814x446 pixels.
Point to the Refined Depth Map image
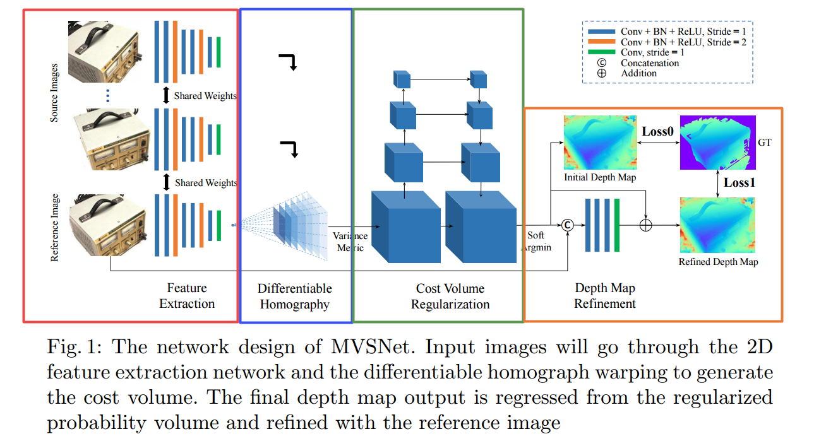point(717,225)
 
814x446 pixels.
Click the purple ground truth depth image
point(717,143)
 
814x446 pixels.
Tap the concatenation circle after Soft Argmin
point(567,225)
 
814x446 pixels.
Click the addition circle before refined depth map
point(645,225)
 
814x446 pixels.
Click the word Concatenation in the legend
point(650,63)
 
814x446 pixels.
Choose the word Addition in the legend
point(638,73)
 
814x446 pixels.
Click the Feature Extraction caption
point(187,296)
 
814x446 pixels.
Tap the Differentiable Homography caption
point(294,296)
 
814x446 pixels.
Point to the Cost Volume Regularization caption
point(450,296)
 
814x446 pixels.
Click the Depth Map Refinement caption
point(604,296)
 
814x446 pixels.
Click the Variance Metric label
point(351,242)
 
